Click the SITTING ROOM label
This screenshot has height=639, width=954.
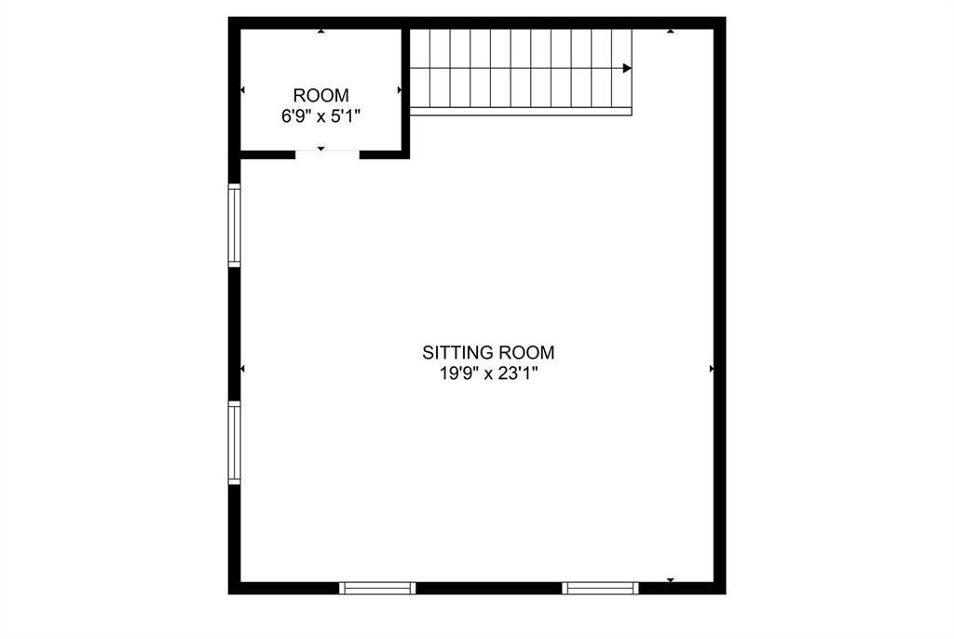488,353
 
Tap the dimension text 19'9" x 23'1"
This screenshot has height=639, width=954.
488,374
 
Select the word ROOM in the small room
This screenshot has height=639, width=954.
321,95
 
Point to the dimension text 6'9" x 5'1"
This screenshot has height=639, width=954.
321,116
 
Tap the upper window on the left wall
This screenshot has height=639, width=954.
235,225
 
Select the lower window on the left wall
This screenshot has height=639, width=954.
235,442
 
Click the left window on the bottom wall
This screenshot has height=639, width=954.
377,588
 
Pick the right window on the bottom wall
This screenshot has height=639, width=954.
601,588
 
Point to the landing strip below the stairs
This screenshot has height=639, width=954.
521,112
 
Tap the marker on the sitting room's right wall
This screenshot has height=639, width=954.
713,369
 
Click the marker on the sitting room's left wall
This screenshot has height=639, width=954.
243,369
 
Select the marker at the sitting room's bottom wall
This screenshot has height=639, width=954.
670,580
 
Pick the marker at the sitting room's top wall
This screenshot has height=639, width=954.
670,32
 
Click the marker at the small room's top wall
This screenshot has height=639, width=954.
321,32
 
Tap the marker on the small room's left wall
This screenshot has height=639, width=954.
243,90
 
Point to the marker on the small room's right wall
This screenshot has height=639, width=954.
400,90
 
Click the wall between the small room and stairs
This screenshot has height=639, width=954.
406,88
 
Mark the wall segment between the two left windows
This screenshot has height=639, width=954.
235,334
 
